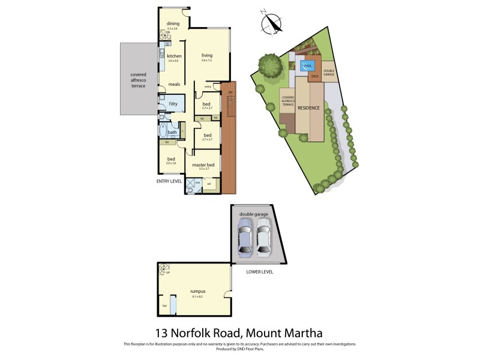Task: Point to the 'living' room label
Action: pos(207,56)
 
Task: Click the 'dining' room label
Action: pos(173,24)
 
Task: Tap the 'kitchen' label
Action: pos(174,56)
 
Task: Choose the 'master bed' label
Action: pos(203,164)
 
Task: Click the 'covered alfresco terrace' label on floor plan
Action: pos(139,80)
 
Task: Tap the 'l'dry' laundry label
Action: pos(173,104)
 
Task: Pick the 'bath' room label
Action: pos(172,132)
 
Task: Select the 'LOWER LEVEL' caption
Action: pos(260,271)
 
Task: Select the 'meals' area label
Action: pos(174,84)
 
